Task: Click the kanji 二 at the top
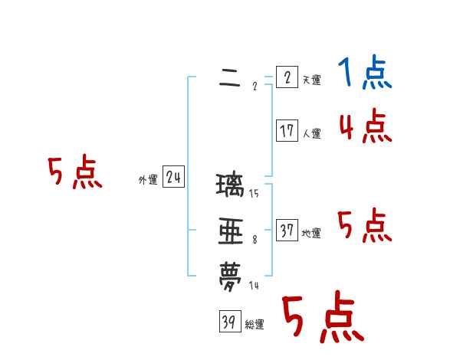pyautogui.click(x=230, y=79)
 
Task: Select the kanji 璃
pyautogui.click(x=231, y=186)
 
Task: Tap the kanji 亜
pyautogui.click(x=231, y=232)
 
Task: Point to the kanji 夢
pyautogui.click(x=231, y=276)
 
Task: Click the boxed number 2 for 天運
pyautogui.click(x=287, y=78)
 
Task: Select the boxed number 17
pyautogui.click(x=287, y=131)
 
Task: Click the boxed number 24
pyautogui.click(x=173, y=178)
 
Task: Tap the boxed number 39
pyautogui.click(x=229, y=322)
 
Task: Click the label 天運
pyautogui.click(x=311, y=80)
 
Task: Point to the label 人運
pyautogui.click(x=311, y=134)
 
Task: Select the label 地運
pyautogui.click(x=311, y=234)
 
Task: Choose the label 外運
pyautogui.click(x=148, y=180)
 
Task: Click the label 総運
pyautogui.click(x=255, y=325)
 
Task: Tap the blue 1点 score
pyautogui.click(x=365, y=74)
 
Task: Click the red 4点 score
pyautogui.click(x=366, y=126)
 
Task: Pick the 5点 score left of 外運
pyautogui.click(x=74, y=173)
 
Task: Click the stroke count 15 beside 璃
pyautogui.click(x=254, y=193)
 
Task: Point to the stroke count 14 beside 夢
pyautogui.click(x=254, y=286)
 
